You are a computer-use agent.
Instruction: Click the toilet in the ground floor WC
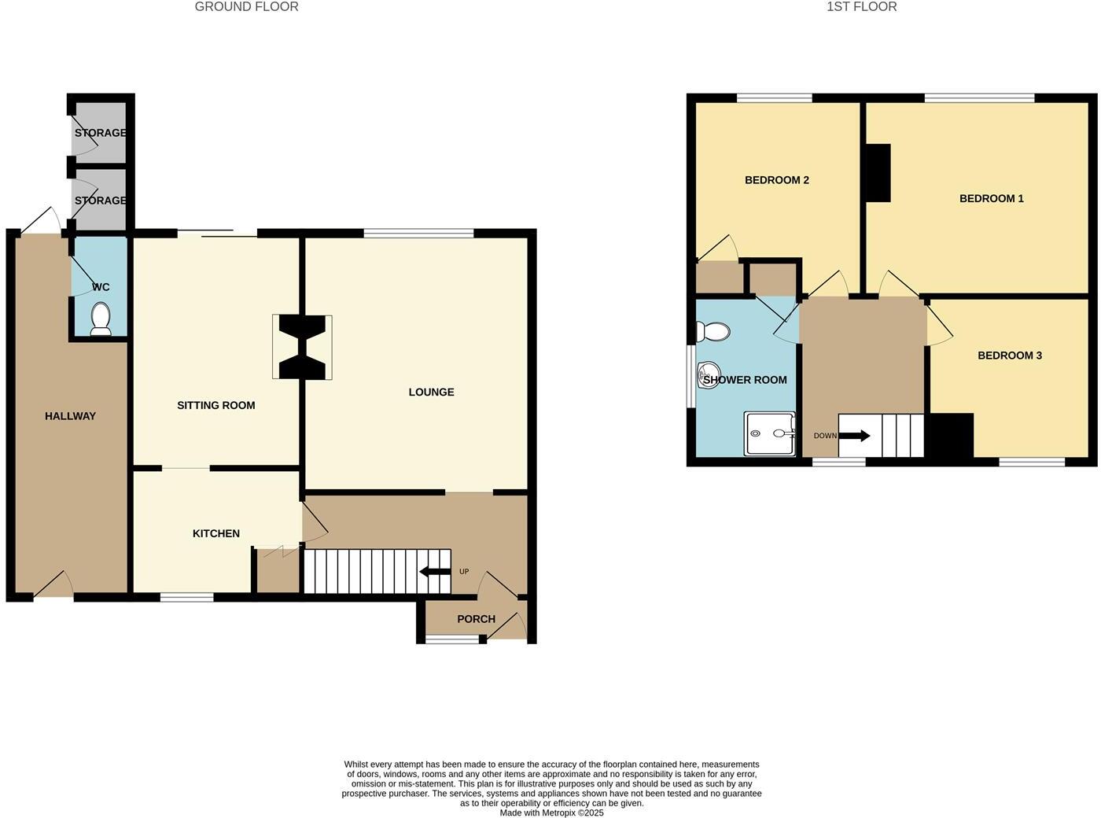(x=101, y=319)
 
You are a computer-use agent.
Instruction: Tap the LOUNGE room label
(x=431, y=392)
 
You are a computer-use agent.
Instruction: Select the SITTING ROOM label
(x=215, y=405)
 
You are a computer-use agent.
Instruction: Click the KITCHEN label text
(x=215, y=533)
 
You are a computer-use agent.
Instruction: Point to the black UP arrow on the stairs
(x=435, y=571)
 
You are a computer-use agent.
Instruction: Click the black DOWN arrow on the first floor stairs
(x=855, y=435)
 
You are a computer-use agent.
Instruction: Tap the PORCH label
(x=476, y=619)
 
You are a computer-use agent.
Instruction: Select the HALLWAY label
(x=70, y=416)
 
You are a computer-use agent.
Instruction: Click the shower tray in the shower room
(x=770, y=433)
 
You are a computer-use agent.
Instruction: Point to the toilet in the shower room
(x=714, y=332)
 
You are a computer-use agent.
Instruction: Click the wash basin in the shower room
(x=708, y=375)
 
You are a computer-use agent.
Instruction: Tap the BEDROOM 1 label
(x=991, y=198)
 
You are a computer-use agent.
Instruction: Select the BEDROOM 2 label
(x=776, y=180)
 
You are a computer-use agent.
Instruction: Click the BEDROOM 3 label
(x=1009, y=356)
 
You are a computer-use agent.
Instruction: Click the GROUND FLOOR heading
(x=246, y=7)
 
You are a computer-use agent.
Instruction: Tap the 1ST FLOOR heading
(x=861, y=7)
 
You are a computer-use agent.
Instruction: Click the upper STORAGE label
(x=101, y=133)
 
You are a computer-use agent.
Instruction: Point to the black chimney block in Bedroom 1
(x=878, y=172)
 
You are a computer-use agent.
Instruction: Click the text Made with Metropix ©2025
(x=551, y=812)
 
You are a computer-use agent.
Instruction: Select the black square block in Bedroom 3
(x=952, y=436)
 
